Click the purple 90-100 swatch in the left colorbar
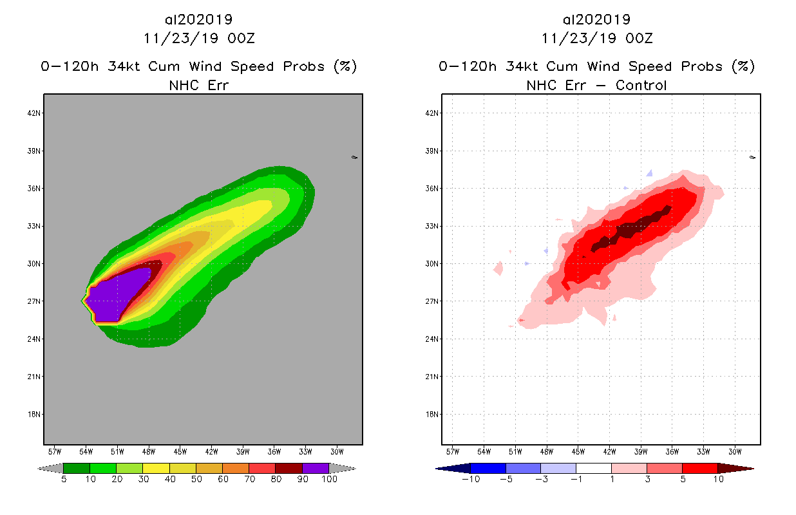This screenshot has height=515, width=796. tap(316, 468)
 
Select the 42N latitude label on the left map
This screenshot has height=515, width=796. tap(34, 113)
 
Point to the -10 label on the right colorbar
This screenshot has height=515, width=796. tap(471, 479)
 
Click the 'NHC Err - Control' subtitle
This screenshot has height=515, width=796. tap(596, 85)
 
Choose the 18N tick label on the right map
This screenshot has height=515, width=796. tap(432, 415)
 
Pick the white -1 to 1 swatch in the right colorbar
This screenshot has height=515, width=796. tap(593, 468)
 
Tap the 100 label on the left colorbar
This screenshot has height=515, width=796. tap(329, 479)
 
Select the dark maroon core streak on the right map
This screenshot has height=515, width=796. tap(631, 229)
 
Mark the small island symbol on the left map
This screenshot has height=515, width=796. tap(354, 157)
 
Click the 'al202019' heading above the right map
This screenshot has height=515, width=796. tap(596, 19)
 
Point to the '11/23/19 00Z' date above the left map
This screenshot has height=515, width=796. tap(199, 38)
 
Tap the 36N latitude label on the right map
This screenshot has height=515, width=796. tap(432, 189)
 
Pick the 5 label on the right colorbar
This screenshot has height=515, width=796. tap(681, 479)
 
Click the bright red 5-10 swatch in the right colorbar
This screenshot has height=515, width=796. tap(699, 468)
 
